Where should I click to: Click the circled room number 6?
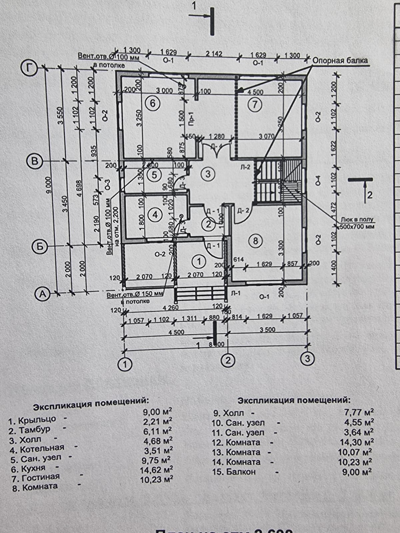(153, 103)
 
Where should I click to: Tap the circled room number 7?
(255, 105)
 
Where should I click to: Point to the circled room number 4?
(155, 215)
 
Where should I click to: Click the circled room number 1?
(199, 262)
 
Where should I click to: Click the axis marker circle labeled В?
(33, 162)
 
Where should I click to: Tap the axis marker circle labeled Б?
(39, 246)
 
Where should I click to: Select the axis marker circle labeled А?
(42, 294)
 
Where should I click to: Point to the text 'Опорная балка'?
(340, 61)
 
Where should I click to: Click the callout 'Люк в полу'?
(357, 220)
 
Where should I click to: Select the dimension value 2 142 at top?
(214, 54)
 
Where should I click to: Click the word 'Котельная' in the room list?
(42, 449)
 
